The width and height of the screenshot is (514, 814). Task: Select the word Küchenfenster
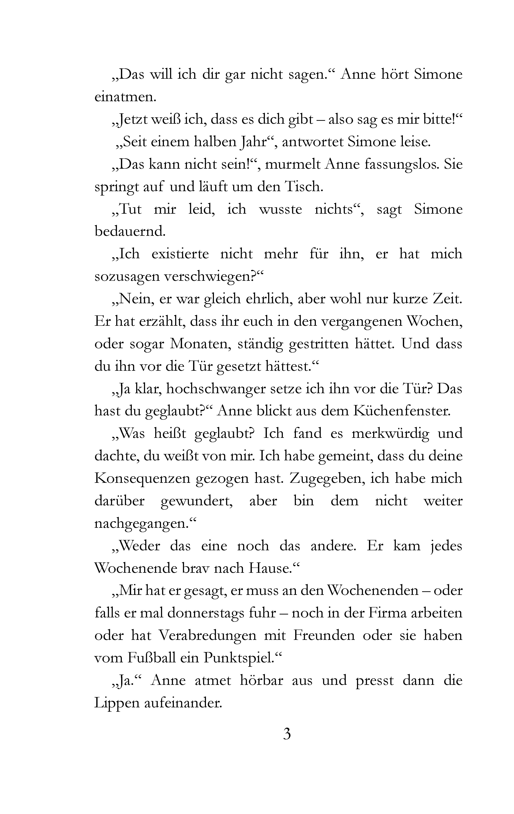402,411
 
